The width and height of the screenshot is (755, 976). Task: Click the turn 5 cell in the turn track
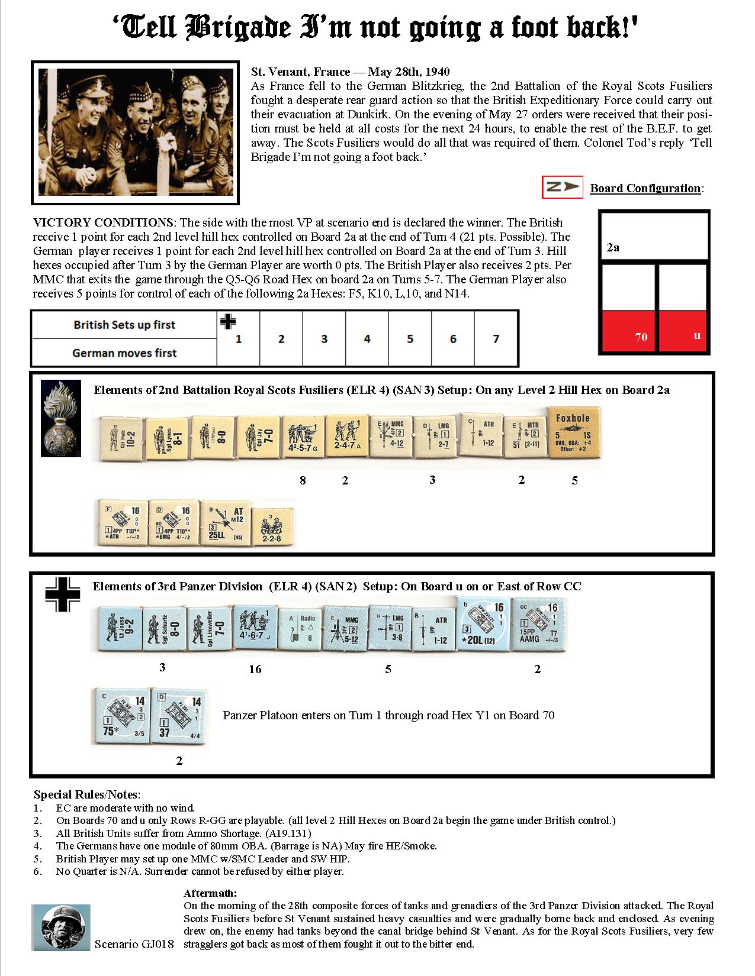coord(410,339)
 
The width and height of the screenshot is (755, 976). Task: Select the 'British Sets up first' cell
coord(124,325)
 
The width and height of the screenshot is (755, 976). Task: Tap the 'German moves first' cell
coord(124,353)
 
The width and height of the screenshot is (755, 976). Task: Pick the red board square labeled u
coord(683,332)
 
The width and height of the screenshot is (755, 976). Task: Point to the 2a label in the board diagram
coord(613,248)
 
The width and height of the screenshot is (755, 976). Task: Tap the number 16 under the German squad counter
coord(255,669)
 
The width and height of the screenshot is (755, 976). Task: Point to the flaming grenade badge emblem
coord(60,418)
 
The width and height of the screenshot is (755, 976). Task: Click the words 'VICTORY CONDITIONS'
coord(102,223)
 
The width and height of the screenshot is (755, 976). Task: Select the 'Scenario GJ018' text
coord(134,944)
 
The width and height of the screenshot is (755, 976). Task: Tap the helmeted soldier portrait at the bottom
coord(61,927)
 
